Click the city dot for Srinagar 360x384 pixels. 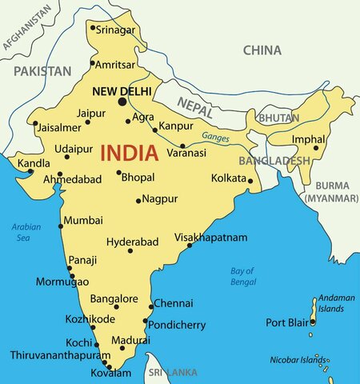click(93, 29)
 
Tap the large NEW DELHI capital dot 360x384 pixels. click(122, 102)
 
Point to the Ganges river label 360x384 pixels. click(215, 137)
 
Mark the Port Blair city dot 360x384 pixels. click(313, 322)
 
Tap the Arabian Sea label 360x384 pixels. click(26, 232)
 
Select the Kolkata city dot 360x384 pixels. click(250, 180)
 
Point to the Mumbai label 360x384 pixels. click(83, 220)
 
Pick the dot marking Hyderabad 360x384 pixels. click(130, 250)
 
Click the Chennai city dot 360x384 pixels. click(151, 305)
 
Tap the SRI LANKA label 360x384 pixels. click(172, 373)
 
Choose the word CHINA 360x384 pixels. click(262, 50)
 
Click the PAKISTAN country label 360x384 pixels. click(42, 71)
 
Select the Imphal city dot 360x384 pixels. click(315, 147)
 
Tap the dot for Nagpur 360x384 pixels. click(138, 200)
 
